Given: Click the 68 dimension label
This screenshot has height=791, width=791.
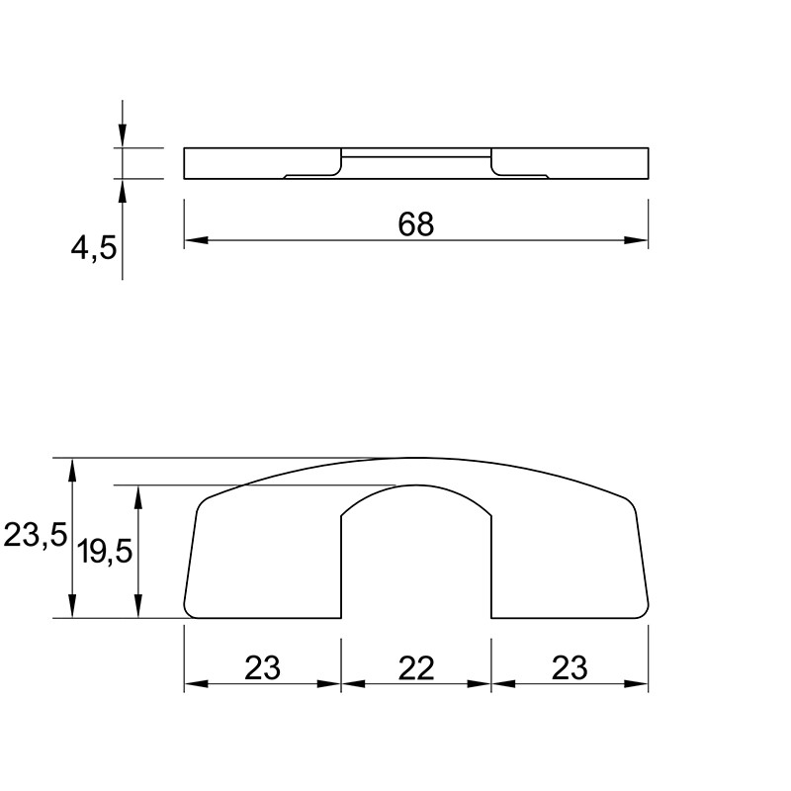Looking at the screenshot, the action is tap(415, 224).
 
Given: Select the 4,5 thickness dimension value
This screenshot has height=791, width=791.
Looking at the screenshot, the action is tap(94, 248).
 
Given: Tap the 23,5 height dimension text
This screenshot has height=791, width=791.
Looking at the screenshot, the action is tap(35, 535).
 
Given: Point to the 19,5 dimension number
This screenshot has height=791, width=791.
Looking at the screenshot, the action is tap(105, 551).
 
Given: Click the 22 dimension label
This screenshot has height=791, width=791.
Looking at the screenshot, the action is tap(416, 668).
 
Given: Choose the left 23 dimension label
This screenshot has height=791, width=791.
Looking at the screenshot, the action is tap(262, 668).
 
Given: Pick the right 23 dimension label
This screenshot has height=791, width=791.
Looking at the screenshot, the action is tap(570, 668).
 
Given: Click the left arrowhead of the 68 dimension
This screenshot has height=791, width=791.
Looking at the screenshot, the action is tap(196, 240).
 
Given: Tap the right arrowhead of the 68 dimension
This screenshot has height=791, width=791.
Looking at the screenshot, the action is tap(636, 240).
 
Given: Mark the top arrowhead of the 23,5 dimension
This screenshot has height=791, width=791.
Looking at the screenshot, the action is tap(72, 470).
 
